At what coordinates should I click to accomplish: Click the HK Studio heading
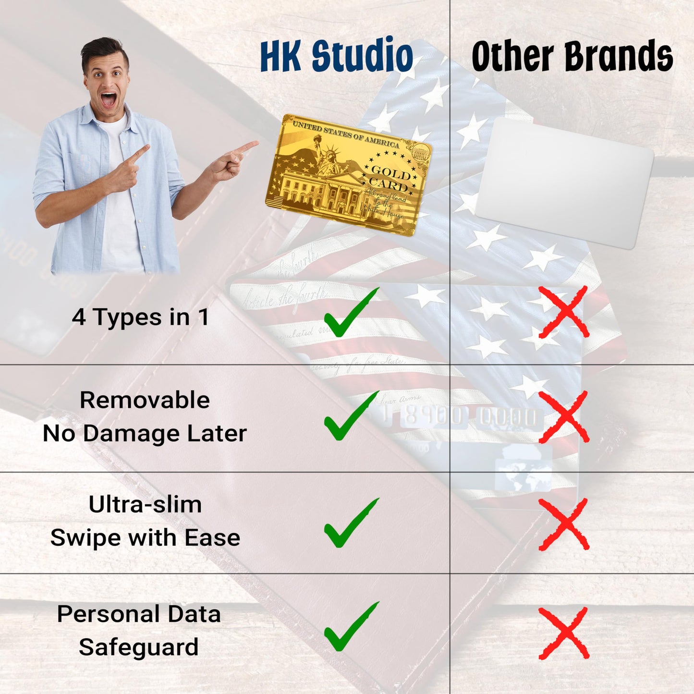click(336, 56)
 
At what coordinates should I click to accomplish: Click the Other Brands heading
click(572, 56)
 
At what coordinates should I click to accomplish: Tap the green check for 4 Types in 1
click(350, 314)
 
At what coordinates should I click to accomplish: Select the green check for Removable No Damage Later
click(350, 417)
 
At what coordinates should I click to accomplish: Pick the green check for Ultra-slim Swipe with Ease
click(350, 524)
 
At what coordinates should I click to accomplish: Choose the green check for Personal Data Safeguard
click(350, 627)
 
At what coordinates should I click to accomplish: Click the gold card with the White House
click(348, 175)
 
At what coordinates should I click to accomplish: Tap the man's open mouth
click(109, 100)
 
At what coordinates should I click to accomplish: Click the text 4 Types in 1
click(141, 317)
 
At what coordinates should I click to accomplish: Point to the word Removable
click(145, 400)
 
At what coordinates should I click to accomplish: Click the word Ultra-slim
click(145, 504)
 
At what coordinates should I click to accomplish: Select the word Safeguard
click(139, 647)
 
